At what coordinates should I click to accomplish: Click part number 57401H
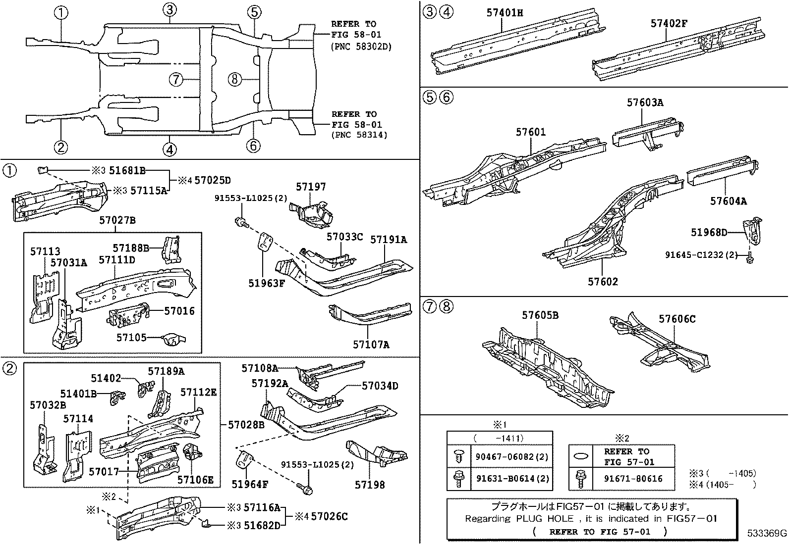[x=504, y=13]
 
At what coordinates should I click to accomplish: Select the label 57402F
[x=669, y=23]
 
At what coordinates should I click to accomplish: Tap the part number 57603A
[x=645, y=102]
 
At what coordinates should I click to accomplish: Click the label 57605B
[x=540, y=315]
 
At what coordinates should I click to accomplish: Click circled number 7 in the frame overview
[x=176, y=79]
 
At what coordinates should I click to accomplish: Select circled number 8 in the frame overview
[x=235, y=79]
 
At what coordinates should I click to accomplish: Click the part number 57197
[x=311, y=187]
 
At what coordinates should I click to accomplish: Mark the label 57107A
[x=371, y=344]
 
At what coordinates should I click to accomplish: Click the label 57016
[x=179, y=311]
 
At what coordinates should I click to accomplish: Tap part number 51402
[x=106, y=378]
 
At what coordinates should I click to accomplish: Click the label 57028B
[x=246, y=425]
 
